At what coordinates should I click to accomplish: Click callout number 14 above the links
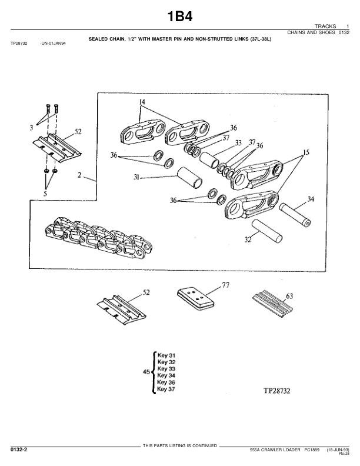click(x=141, y=102)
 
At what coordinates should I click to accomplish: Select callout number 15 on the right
click(x=304, y=152)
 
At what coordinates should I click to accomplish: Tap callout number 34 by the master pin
click(x=311, y=199)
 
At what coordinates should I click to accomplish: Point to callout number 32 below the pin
click(x=248, y=239)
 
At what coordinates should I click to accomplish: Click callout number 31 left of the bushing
click(x=136, y=177)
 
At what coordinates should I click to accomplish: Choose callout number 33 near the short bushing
click(x=238, y=143)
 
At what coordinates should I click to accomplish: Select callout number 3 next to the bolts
click(x=31, y=127)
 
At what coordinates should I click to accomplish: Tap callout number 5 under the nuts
click(x=45, y=192)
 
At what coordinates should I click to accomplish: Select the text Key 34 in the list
click(x=167, y=375)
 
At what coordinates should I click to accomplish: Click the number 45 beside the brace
click(x=146, y=372)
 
